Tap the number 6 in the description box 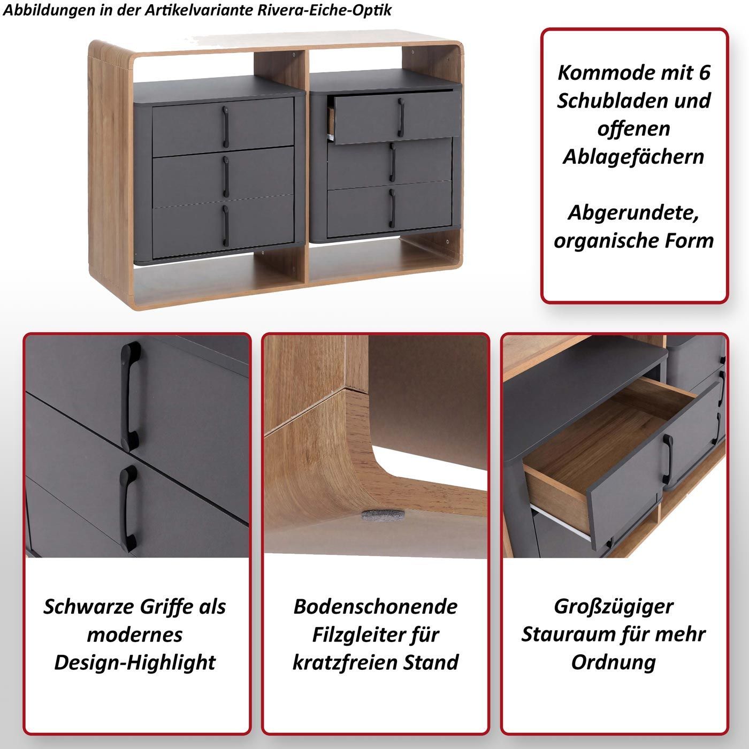click(x=705, y=73)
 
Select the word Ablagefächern click(x=633, y=157)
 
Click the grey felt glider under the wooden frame click(x=383, y=515)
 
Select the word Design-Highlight click(x=135, y=663)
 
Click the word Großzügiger click(x=614, y=607)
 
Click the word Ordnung click(x=614, y=663)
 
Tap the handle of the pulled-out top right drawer click(x=401, y=117)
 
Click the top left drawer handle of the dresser click(x=225, y=127)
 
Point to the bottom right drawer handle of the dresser click(x=392, y=208)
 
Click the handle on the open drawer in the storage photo click(x=667, y=459)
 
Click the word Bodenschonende click(x=376, y=607)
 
